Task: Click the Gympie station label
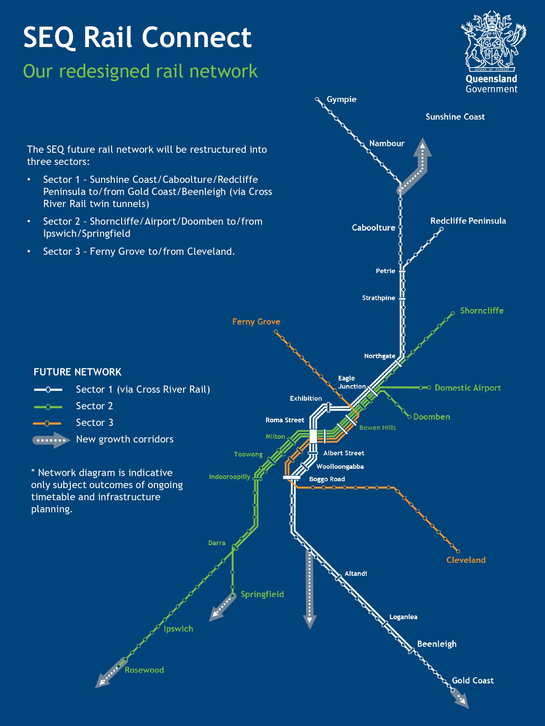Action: pyautogui.click(x=341, y=100)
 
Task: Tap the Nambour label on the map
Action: pyautogui.click(x=387, y=143)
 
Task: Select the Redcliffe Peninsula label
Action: pyautogui.click(x=468, y=221)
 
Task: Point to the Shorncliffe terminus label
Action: pyautogui.click(x=482, y=311)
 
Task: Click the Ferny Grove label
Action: pyautogui.click(x=256, y=322)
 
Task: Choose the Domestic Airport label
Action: pyautogui.click(x=468, y=388)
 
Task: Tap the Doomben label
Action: pyautogui.click(x=432, y=417)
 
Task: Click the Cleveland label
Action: pyautogui.click(x=466, y=560)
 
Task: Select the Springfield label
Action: pyautogui.click(x=262, y=595)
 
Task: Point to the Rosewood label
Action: pyautogui.click(x=144, y=670)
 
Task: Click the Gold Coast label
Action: pyautogui.click(x=473, y=681)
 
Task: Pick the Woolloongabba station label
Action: pyautogui.click(x=340, y=467)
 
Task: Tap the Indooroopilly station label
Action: pyautogui.click(x=229, y=477)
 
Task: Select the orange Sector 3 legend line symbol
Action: pyautogui.click(x=47, y=423)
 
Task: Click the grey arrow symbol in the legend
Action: pyautogui.click(x=52, y=440)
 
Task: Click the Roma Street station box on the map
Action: pyautogui.click(x=313, y=436)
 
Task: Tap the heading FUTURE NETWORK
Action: pyautogui.click(x=78, y=372)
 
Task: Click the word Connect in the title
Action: pyautogui.click(x=197, y=37)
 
